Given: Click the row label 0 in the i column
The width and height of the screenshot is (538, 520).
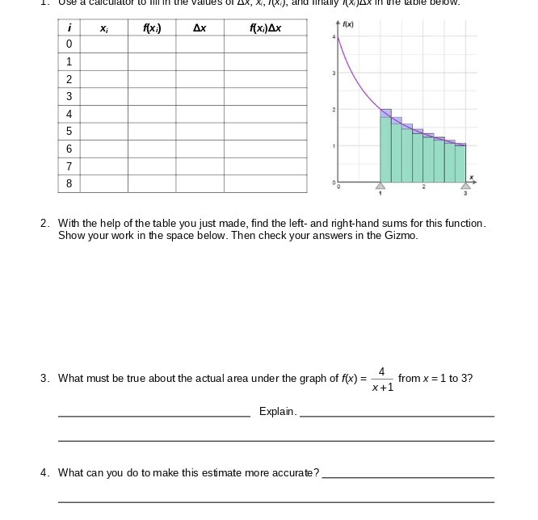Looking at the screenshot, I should tap(69, 44).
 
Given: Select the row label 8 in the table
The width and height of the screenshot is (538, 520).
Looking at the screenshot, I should tap(69, 183).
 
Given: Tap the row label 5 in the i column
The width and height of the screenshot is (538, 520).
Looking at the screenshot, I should tap(69, 131).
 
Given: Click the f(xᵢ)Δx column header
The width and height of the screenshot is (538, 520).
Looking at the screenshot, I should tap(266, 28).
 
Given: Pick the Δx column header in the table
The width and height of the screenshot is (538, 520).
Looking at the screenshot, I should tap(200, 28).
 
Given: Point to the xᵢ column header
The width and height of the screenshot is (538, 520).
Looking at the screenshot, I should tap(104, 28).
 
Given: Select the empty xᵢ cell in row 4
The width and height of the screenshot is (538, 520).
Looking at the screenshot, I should tap(104, 114).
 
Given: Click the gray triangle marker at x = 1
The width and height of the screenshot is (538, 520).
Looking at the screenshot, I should tap(380, 186).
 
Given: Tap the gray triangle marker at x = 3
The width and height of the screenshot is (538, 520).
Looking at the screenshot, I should tap(465, 186).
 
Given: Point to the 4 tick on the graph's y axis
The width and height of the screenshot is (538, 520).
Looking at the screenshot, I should tap(331, 37).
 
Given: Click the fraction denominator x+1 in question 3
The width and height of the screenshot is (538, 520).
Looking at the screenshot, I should tap(383, 387).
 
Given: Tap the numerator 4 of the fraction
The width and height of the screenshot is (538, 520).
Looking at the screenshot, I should tap(382, 371).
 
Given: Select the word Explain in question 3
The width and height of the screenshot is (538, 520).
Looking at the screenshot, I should tap(277, 412).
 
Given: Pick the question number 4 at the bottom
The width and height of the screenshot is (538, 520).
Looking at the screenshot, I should tap(44, 473).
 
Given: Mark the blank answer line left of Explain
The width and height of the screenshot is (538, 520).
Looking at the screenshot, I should tap(153, 415).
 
